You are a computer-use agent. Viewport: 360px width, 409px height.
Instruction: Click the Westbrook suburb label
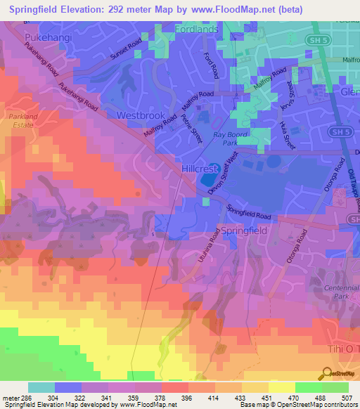coord(122,115)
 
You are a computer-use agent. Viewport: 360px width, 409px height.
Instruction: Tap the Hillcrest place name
coord(201,169)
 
